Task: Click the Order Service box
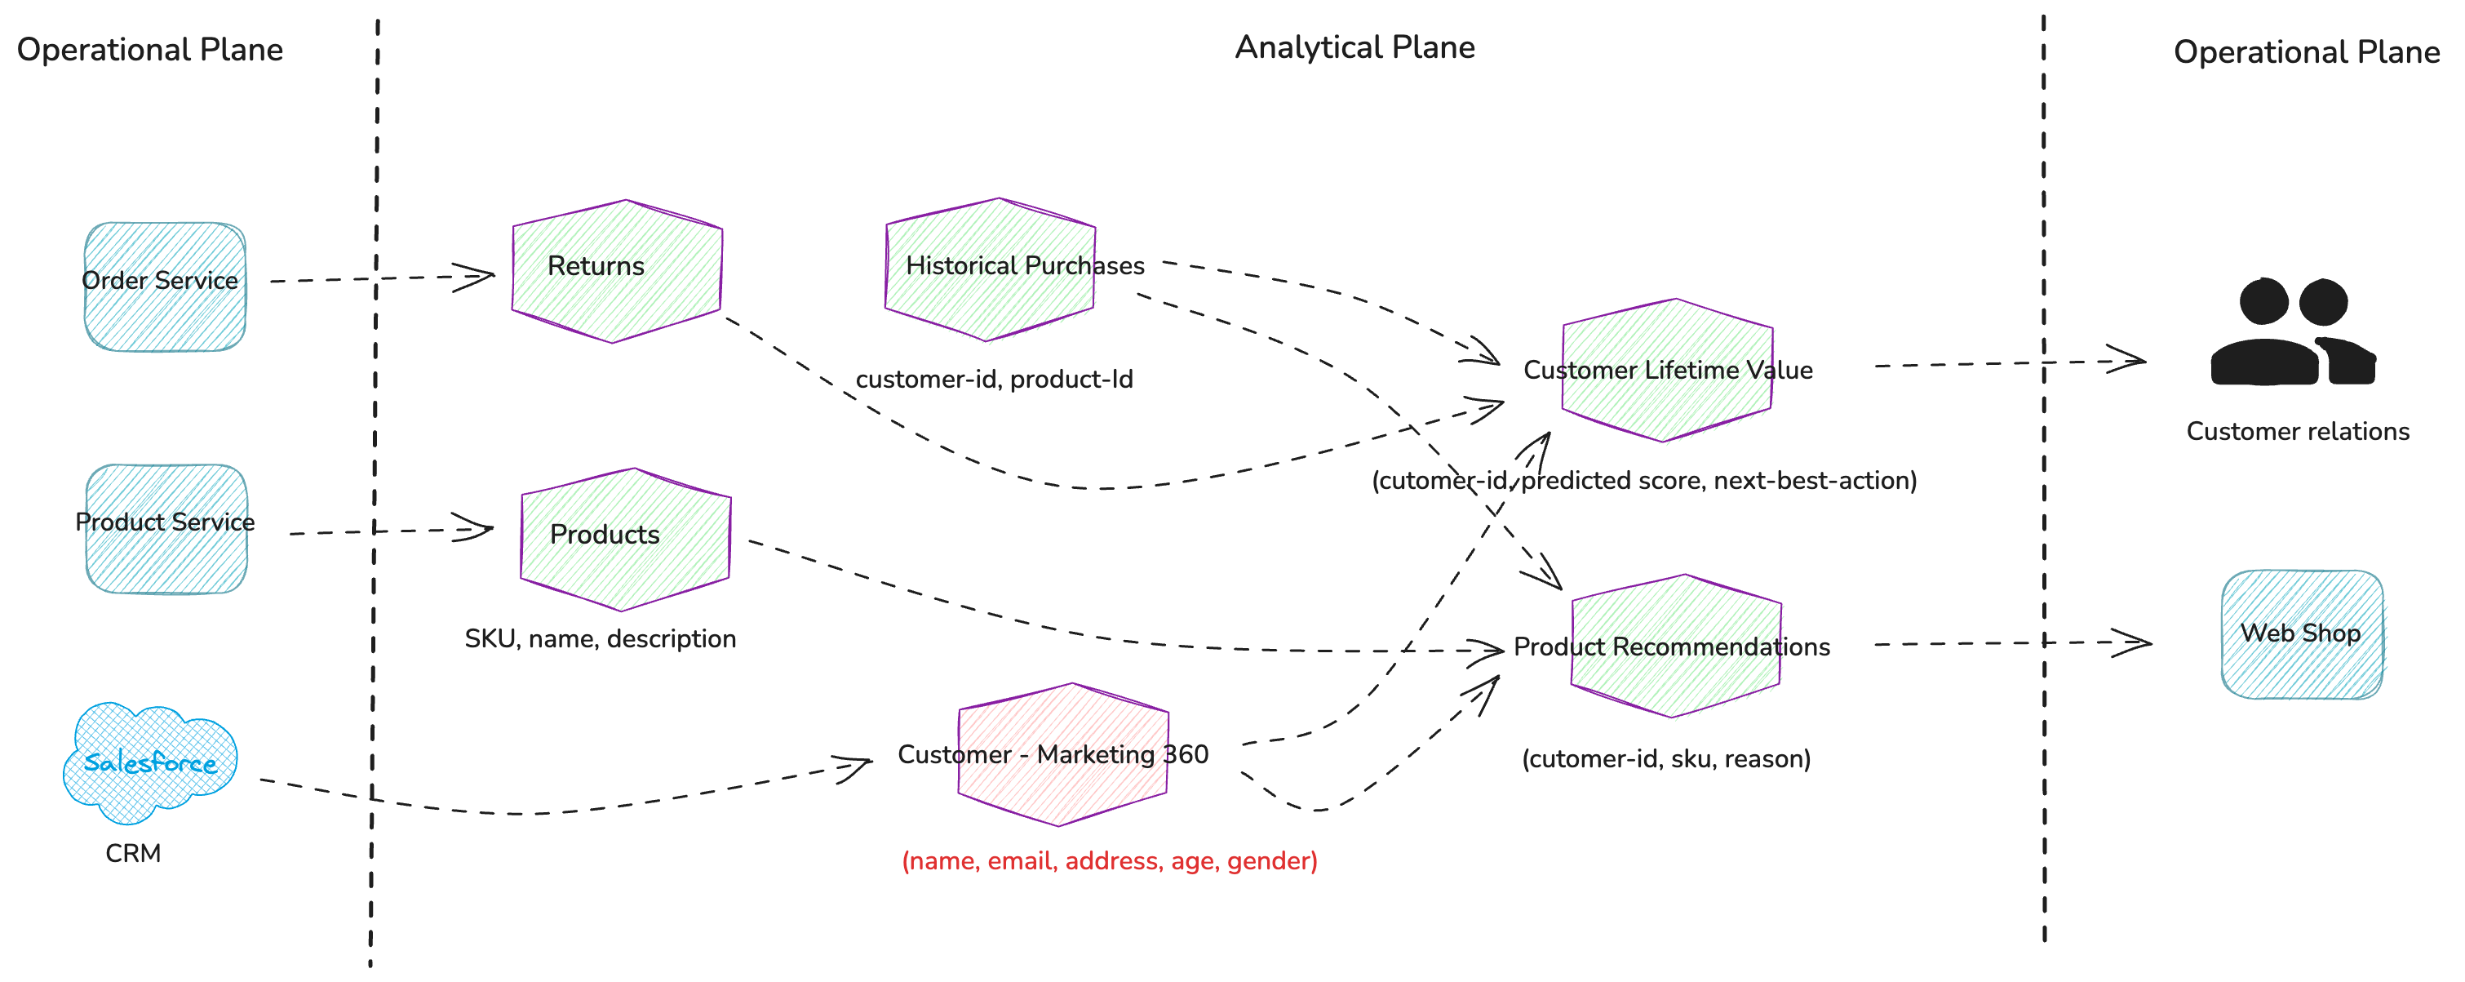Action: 165,287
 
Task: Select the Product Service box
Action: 166,528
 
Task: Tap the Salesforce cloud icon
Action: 150,762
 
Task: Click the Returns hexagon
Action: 617,271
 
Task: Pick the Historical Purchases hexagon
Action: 991,270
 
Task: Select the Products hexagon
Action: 626,540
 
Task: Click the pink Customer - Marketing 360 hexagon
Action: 1062,754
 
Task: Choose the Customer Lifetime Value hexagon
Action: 1667,371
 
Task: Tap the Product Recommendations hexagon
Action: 1675,646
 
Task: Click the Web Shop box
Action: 2301,634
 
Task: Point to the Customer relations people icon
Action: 2293,333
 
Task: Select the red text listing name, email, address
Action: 1109,860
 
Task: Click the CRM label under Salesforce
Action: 133,853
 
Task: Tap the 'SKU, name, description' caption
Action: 600,638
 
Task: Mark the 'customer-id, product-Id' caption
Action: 993,379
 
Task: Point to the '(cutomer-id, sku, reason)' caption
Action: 1666,759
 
